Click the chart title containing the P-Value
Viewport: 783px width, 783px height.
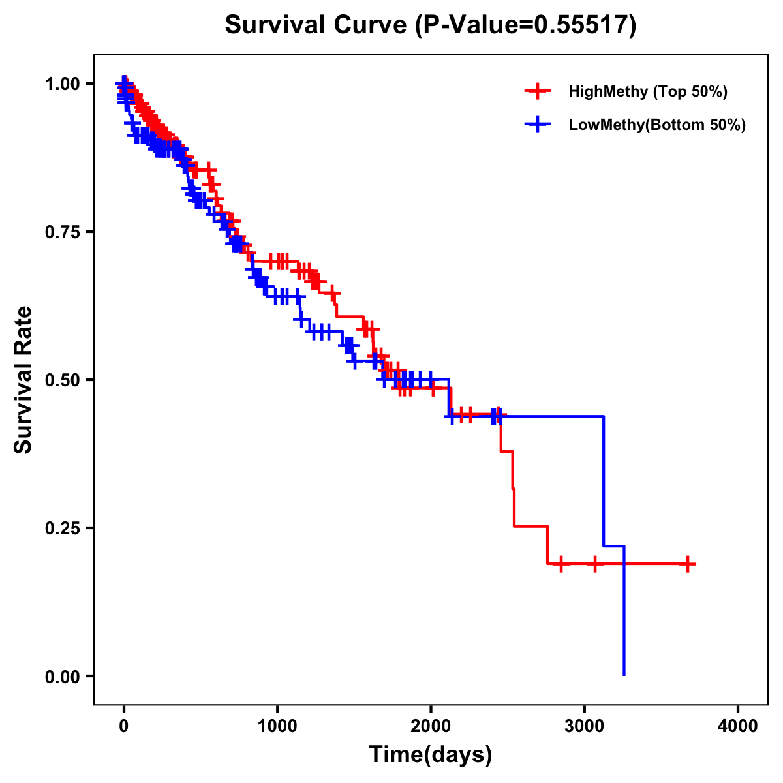click(430, 25)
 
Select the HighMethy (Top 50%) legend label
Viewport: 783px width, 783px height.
click(648, 91)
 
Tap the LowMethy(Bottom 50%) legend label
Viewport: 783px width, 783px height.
click(657, 125)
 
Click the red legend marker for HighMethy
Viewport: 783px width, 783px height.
click(538, 91)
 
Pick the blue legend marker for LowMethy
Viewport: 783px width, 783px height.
click(538, 125)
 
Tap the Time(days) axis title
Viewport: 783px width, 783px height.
click(431, 755)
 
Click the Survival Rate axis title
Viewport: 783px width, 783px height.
click(23, 380)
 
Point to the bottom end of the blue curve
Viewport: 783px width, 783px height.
click(624, 674)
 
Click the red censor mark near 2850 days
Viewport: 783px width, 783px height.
click(560, 564)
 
